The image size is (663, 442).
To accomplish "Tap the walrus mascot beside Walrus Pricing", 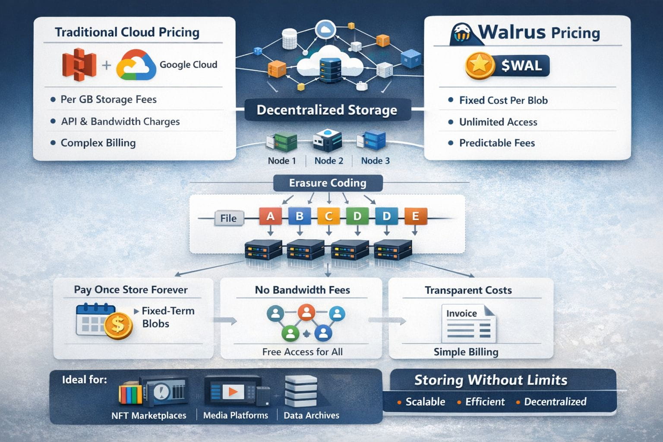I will click(462, 34).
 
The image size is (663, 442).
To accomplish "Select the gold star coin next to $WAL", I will click(479, 66).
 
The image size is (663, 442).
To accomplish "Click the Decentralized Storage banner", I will click(327, 110).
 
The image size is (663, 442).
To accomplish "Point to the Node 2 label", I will click(328, 161).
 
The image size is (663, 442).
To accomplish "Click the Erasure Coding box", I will click(328, 183).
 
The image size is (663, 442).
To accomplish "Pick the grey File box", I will click(228, 218).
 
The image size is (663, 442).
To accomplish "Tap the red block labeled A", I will click(270, 216).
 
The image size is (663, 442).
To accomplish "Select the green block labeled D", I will click(357, 216).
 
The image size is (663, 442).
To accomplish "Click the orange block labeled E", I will click(415, 216).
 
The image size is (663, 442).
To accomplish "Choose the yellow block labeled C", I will click(328, 216).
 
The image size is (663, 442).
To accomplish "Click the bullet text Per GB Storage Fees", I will click(108, 99).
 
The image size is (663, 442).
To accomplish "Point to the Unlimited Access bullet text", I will click(498, 122).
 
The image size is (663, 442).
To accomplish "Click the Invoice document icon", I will click(468, 323).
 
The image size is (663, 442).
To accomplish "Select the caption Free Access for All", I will click(302, 352).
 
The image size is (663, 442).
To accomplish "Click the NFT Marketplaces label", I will click(149, 415).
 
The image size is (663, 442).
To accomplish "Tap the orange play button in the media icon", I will click(233, 391).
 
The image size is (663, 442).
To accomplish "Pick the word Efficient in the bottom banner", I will click(485, 402).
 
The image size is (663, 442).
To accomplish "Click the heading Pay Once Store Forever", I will click(131, 290).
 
